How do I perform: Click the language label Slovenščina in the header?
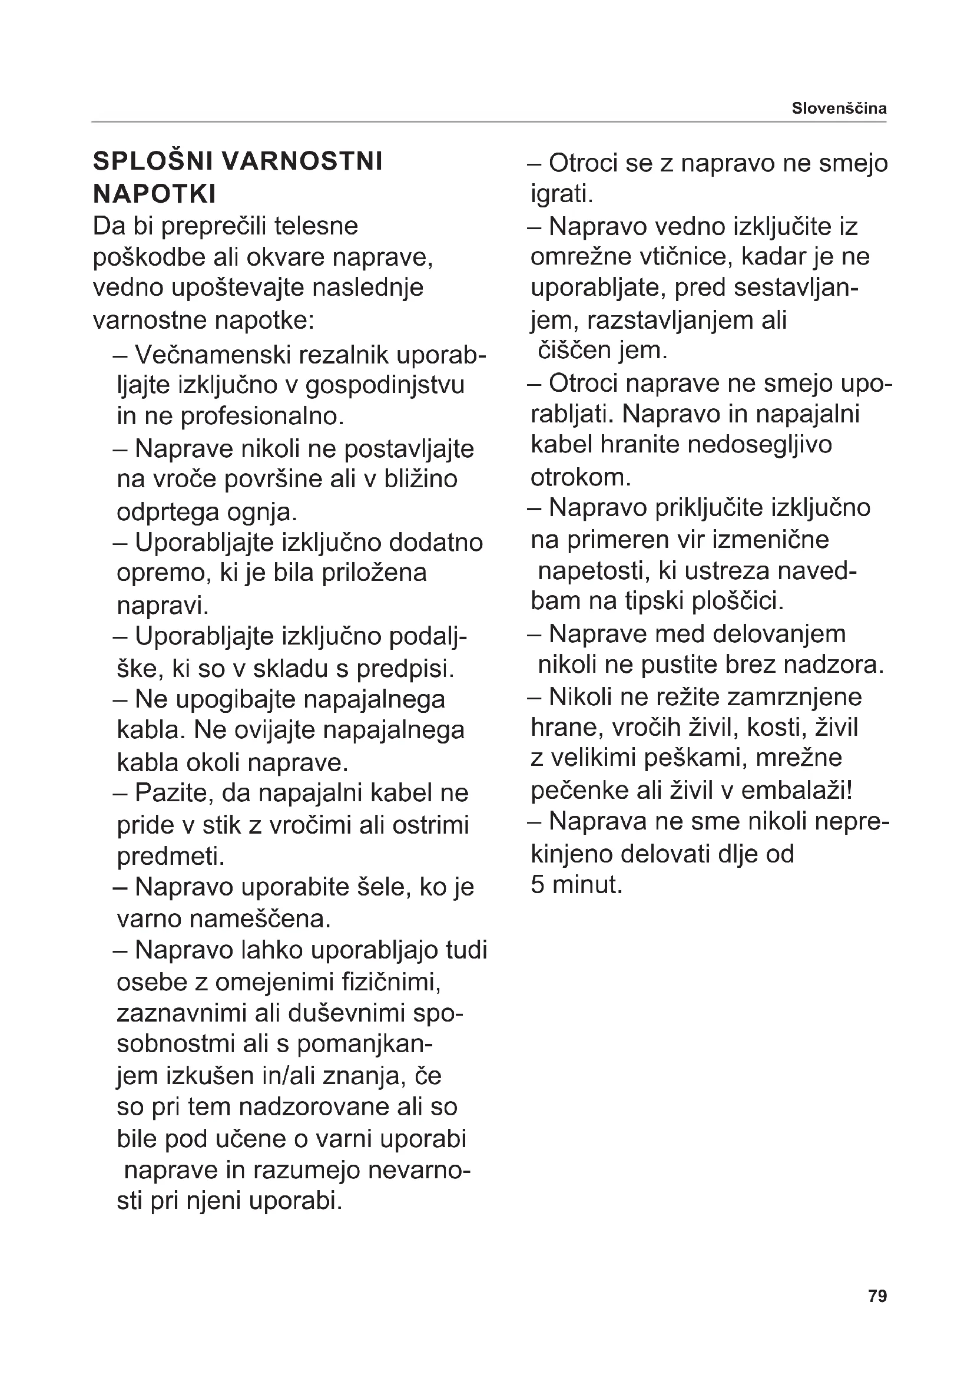pos(839,108)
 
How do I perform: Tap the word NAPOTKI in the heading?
pos(154,194)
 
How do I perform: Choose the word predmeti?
pos(170,857)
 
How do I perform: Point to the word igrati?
pos(561,194)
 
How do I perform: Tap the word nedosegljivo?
pos(759,445)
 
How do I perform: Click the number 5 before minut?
pos(538,885)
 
